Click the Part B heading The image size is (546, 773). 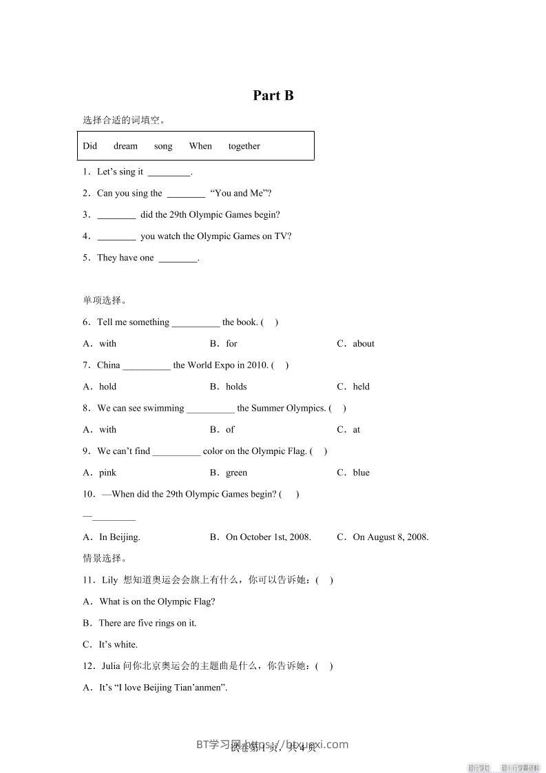[273, 96]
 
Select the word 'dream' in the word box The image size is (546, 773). [125, 146]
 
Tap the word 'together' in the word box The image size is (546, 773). [244, 146]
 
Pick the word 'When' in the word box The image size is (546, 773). [200, 146]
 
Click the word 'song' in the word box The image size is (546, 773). [163, 146]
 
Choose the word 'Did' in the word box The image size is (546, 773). [90, 146]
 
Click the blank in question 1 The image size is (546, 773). [169, 173]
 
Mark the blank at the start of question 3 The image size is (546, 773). [116, 216]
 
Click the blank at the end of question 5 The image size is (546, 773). [178, 259]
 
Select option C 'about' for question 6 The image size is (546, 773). [363, 344]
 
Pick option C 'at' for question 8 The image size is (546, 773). [356, 430]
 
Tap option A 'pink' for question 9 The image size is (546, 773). [107, 473]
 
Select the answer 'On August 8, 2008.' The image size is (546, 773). [390, 537]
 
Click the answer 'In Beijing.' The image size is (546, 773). [119, 537]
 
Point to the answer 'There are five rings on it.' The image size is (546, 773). [147, 623]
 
